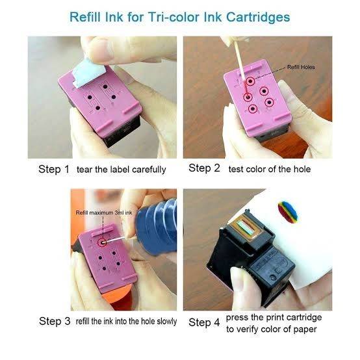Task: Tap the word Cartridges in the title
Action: pos(258,17)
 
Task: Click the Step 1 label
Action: pos(54,169)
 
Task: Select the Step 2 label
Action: pos(204,168)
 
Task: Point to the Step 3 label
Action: pos(55,321)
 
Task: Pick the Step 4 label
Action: pos(204,322)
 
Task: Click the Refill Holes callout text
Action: pos(301,67)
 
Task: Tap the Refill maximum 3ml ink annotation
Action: pos(104,212)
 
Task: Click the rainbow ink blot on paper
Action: pos(287,212)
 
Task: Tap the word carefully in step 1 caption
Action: pos(149,170)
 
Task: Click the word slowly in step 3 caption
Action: pos(167,321)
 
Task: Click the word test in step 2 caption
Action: pos(235,169)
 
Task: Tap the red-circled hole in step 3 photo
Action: pos(103,242)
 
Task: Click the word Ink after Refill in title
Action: pos(114,17)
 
